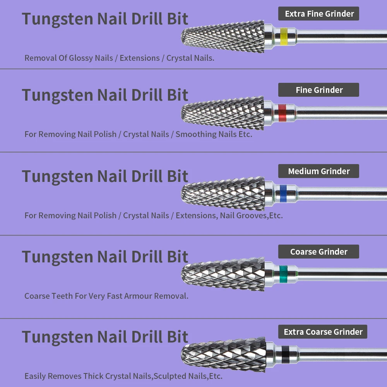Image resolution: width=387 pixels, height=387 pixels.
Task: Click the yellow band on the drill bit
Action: pyautogui.click(x=284, y=36)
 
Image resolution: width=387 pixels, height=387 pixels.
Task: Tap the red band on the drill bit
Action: pyautogui.click(x=282, y=113)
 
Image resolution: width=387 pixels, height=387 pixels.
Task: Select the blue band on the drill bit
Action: pyautogui.click(x=283, y=193)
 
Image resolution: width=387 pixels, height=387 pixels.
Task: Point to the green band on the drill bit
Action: pyautogui.click(x=284, y=274)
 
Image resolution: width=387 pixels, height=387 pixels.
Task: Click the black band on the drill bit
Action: pyautogui.click(x=285, y=354)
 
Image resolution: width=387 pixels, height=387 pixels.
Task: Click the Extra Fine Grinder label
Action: pyautogui.click(x=319, y=14)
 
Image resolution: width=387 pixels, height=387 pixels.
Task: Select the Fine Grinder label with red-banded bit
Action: pyautogui.click(x=319, y=90)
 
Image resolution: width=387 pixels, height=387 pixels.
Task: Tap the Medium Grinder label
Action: pyautogui.click(x=319, y=171)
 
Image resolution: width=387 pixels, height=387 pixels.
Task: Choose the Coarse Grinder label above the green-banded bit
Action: pyautogui.click(x=319, y=252)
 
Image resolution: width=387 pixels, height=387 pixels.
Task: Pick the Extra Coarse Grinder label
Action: pyautogui.click(x=323, y=332)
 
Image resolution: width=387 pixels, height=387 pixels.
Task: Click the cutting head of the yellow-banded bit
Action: pyautogui.click(x=223, y=36)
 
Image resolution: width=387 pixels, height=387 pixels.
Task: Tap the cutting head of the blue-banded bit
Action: pyautogui.click(x=223, y=193)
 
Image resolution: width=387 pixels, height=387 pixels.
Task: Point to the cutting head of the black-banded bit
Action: pyautogui.click(x=224, y=354)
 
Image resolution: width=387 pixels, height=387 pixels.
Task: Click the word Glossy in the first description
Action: pyautogui.click(x=79, y=58)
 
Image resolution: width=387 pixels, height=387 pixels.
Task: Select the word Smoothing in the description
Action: pyautogui.click(x=196, y=134)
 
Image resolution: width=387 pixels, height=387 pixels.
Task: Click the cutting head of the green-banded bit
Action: pyautogui.click(x=223, y=274)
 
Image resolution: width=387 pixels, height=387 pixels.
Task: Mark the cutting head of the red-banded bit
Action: pyautogui.click(x=223, y=113)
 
